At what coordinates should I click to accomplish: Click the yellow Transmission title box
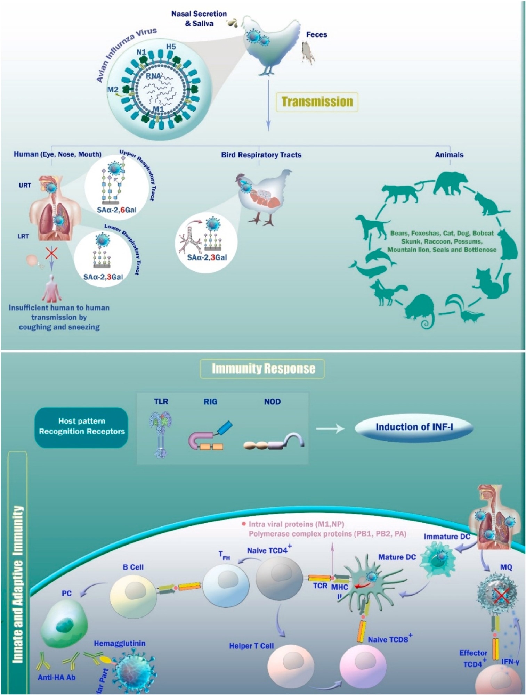[x=317, y=102]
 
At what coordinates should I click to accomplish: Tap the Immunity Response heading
[x=263, y=369]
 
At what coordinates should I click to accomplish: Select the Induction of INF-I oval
[x=414, y=427]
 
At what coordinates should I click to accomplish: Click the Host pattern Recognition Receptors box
[x=81, y=427]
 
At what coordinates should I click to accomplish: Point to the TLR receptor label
[x=161, y=402]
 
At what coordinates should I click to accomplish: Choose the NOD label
[x=272, y=402]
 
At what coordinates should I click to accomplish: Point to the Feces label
[x=316, y=34]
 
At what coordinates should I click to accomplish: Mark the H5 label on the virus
[x=171, y=47]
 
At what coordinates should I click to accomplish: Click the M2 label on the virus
[x=113, y=90]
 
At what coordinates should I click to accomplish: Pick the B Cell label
[x=133, y=567]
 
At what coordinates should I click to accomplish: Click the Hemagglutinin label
[x=120, y=644]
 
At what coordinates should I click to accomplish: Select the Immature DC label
[x=447, y=537]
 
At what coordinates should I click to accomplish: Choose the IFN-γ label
[x=510, y=662]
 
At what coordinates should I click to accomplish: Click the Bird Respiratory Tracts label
[x=261, y=155]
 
